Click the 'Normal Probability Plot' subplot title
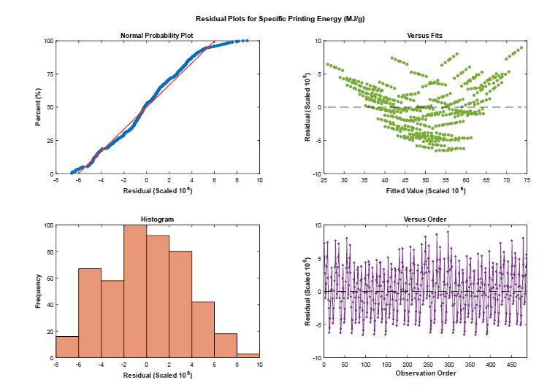pos(157,36)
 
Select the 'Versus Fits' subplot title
pos(424,36)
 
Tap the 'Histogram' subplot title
pos(157,219)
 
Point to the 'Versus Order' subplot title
pos(424,219)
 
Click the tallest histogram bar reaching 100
pos(135,292)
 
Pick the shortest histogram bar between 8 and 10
pos(248,356)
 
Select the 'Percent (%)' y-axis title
pos(38,107)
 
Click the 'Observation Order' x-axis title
pos(424,373)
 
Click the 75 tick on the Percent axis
pos(48,74)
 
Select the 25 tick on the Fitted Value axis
pos(324,179)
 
